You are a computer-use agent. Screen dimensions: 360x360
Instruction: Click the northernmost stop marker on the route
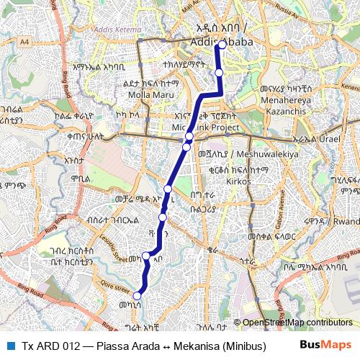(x=222, y=45)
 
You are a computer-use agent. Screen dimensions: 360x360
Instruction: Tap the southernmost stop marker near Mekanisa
(x=137, y=294)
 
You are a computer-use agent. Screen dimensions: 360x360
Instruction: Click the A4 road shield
(x=45, y=42)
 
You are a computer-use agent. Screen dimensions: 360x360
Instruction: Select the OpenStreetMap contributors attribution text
(x=293, y=323)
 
